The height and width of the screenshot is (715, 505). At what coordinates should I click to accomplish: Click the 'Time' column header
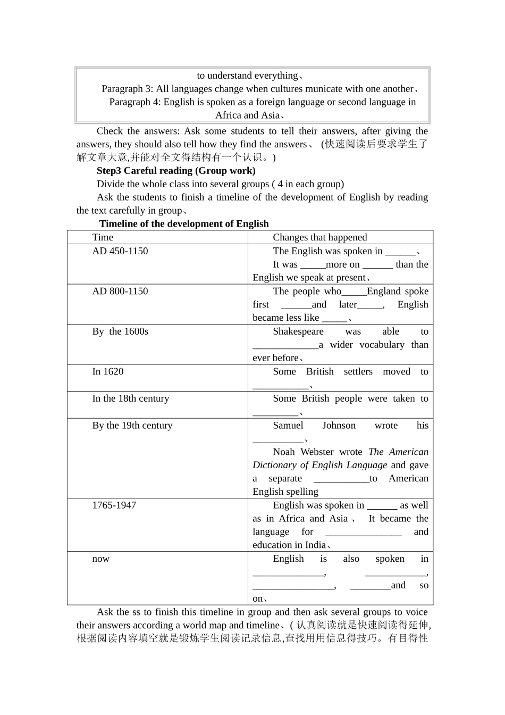tap(103, 237)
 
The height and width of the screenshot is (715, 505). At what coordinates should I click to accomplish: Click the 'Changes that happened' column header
tap(319, 237)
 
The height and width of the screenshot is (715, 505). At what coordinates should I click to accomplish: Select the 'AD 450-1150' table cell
tap(120, 251)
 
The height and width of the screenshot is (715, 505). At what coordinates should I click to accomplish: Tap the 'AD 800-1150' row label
tap(120, 292)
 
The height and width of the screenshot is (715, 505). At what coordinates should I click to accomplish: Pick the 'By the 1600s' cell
tap(120, 331)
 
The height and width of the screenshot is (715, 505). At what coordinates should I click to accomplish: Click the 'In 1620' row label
tap(108, 372)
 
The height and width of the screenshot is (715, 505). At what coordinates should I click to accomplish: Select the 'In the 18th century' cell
tap(130, 398)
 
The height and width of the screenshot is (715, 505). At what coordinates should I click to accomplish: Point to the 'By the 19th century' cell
tap(132, 426)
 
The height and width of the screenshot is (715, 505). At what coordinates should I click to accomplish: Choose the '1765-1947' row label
tap(114, 505)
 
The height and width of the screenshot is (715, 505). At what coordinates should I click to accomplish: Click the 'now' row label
tap(100, 559)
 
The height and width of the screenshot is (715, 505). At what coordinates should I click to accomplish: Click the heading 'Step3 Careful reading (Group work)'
tap(176, 171)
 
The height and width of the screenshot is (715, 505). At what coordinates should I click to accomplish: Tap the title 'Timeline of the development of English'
tap(184, 224)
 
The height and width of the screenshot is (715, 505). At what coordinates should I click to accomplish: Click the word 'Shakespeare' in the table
tap(298, 331)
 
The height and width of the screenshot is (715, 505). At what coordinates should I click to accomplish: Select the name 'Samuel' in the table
tap(288, 426)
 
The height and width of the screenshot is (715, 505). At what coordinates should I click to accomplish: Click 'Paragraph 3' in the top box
tap(127, 89)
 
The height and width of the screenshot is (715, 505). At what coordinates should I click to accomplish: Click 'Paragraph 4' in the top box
tap(134, 102)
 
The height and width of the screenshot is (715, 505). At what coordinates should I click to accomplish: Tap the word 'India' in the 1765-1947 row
tap(315, 545)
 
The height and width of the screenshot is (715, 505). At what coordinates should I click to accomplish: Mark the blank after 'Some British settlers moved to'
tap(280, 386)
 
